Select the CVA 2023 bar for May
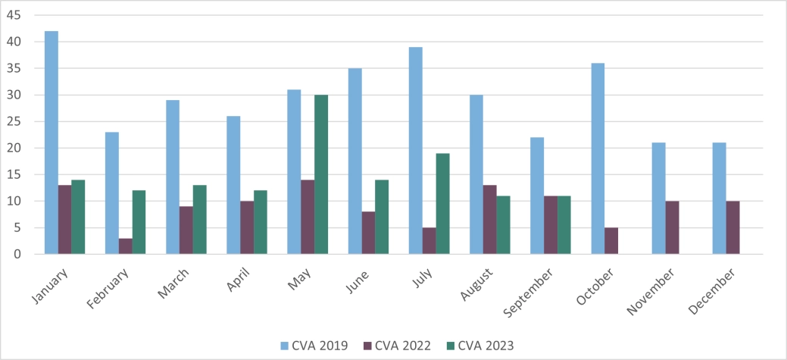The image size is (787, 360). point(321,174)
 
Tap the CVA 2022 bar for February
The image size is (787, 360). point(126,246)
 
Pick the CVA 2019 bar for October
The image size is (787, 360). point(598,158)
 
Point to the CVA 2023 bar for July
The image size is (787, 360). point(442,204)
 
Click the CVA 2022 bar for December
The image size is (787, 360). point(732,227)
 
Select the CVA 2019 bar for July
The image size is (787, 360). point(415,151)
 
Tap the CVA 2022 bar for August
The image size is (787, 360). point(489,220)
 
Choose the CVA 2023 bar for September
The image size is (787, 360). point(564,225)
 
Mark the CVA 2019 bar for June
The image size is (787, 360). point(354,161)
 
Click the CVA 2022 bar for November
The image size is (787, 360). point(672,227)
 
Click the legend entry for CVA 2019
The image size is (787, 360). point(314,346)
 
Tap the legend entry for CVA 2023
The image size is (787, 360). point(480,346)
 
